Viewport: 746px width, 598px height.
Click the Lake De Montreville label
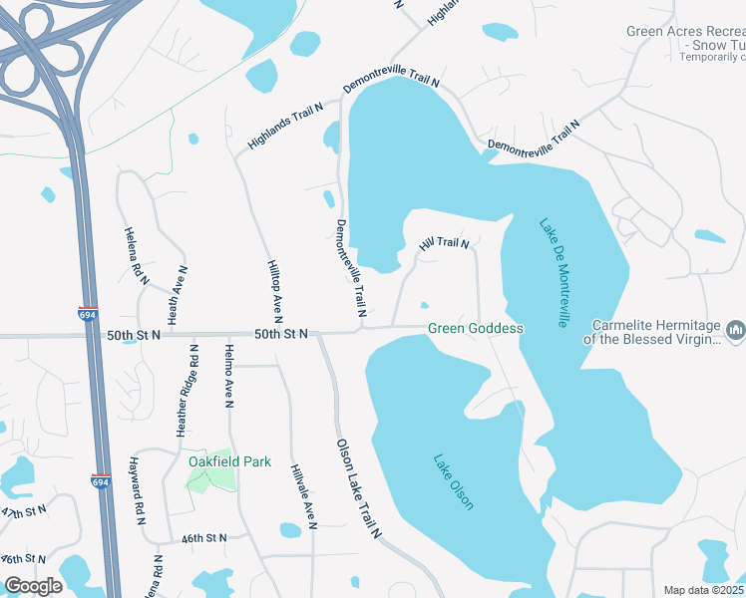554,273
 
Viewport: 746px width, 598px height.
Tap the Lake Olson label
453,482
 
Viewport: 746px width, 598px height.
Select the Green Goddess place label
476,328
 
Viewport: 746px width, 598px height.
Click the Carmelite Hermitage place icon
736,329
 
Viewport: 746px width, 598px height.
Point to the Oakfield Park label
229,461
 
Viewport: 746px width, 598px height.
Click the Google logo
33,586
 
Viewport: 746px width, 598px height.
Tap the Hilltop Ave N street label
276,289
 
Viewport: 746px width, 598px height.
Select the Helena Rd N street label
136,256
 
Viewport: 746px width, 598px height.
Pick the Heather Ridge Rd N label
187,391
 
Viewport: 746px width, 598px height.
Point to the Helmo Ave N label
228,376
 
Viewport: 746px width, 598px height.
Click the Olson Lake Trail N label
359,488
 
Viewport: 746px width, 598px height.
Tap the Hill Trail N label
444,242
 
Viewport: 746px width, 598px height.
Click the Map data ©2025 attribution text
702,590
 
